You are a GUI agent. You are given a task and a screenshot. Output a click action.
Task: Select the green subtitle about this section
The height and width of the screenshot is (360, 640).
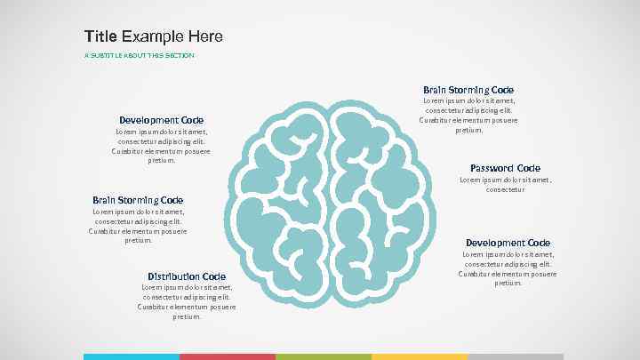(139, 55)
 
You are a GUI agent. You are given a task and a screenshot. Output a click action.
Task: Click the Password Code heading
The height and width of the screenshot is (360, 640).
(505, 168)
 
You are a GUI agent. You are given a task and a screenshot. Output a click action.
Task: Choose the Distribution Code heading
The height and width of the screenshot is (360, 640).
(187, 276)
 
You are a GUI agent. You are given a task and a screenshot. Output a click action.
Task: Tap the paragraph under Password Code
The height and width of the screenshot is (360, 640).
(505, 184)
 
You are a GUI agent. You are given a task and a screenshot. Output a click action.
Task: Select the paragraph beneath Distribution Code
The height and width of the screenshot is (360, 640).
(187, 301)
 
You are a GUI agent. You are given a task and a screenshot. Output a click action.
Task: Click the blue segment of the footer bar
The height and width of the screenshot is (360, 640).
(132, 356)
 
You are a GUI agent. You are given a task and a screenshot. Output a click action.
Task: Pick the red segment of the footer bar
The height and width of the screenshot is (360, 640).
(228, 356)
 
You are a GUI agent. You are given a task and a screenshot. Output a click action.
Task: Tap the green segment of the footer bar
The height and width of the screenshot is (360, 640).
(324, 356)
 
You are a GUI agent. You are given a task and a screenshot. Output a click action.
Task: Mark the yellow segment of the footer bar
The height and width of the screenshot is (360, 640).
(420, 356)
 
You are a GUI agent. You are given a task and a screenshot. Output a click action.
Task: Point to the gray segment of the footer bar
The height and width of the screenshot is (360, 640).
(516, 356)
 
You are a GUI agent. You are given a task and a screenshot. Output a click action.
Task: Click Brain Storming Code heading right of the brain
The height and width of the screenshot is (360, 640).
(468, 90)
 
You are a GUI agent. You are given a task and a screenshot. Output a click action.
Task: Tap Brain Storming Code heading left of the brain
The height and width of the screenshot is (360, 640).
(138, 200)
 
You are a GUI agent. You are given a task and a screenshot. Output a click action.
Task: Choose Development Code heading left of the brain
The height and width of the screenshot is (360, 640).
(162, 120)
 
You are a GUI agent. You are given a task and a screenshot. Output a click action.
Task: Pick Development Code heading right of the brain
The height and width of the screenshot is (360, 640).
(508, 243)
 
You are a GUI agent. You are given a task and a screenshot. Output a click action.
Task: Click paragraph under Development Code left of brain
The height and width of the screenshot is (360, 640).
(162, 146)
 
